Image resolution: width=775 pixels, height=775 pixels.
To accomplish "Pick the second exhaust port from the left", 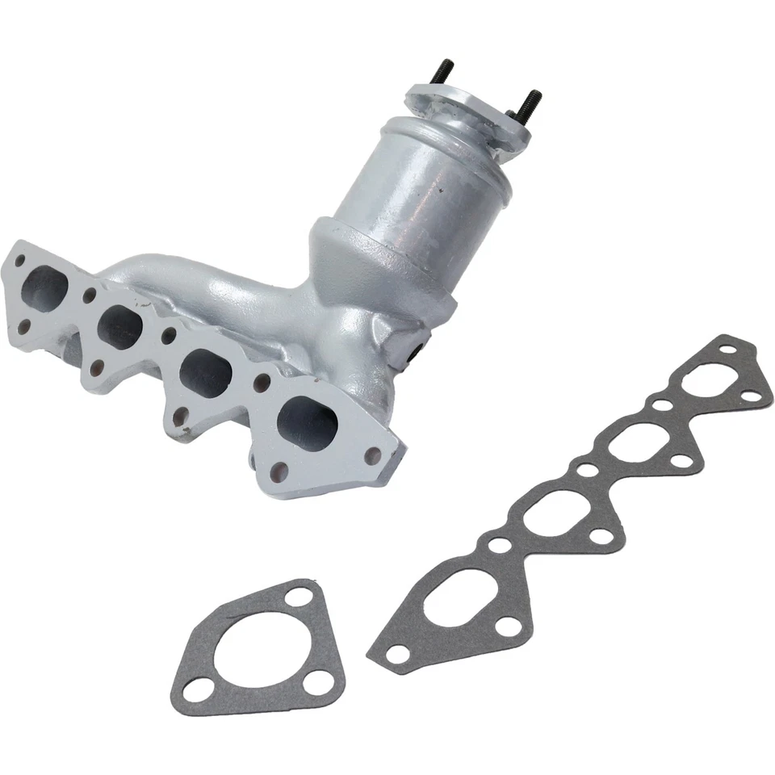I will click(121, 327).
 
